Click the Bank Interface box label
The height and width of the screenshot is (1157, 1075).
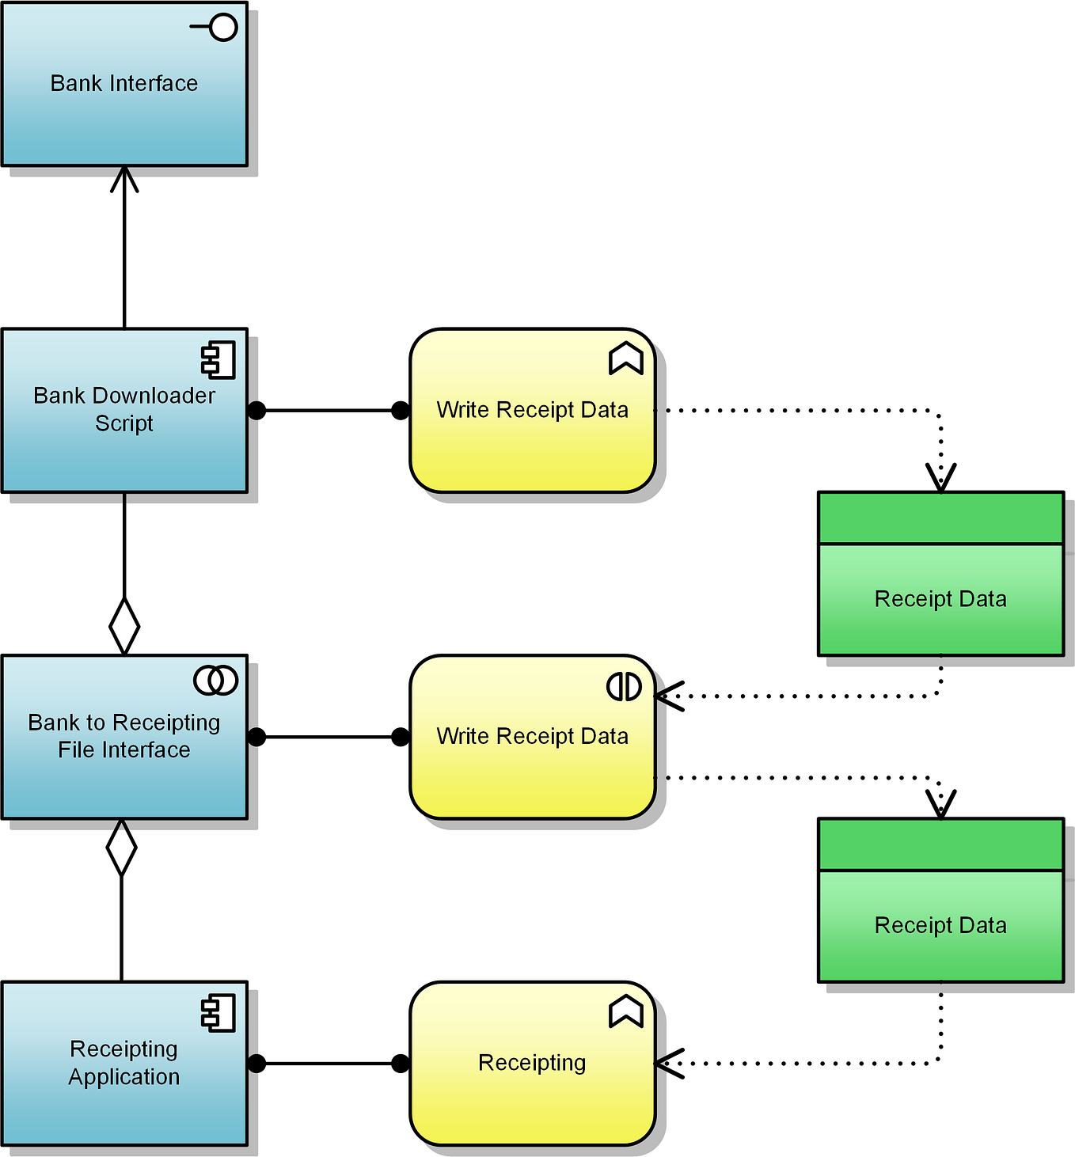(124, 83)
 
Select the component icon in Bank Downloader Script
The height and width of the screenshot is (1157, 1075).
(218, 360)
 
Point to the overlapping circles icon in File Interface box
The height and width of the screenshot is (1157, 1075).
(215, 680)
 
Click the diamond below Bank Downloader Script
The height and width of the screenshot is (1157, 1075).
(124, 626)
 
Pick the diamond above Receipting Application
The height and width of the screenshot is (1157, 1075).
(121, 847)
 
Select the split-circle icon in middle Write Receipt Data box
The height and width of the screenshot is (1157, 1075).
(624, 686)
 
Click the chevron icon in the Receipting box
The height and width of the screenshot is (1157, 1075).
(625, 1011)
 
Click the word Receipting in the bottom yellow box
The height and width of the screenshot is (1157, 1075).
(532, 1063)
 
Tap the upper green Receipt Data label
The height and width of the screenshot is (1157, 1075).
(940, 599)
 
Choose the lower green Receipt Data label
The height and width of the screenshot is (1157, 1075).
(940, 925)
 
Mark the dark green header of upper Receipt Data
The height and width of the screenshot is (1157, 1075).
(940, 518)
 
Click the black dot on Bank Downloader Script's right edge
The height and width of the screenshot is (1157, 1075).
(256, 410)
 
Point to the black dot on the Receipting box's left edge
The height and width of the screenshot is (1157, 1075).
(401, 1063)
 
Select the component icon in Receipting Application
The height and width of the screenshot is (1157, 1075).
(218, 1014)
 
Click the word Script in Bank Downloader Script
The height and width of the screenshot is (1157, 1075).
(124, 423)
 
